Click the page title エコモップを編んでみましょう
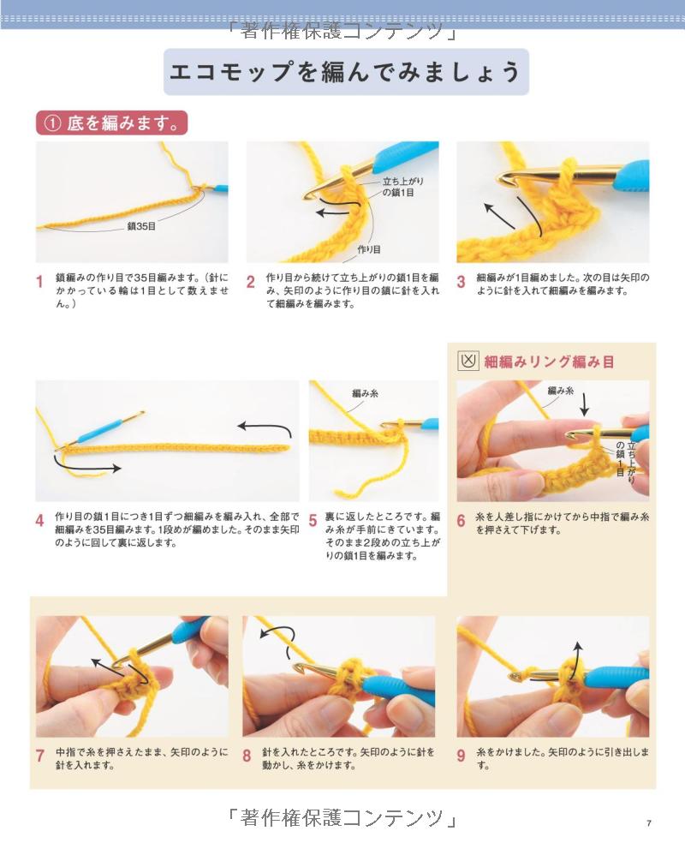tap(346, 71)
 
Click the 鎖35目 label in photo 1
tap(141, 226)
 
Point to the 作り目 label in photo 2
tap(369, 249)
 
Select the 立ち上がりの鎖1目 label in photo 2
tap(402, 187)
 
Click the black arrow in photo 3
tap(500, 216)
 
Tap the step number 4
tap(39, 521)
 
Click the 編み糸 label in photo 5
tap(366, 393)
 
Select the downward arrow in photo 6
tap(584, 404)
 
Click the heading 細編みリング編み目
tap(549, 362)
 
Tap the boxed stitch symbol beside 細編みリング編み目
tap(468, 362)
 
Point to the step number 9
tap(461, 756)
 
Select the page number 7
tap(649, 823)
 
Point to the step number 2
tap(251, 282)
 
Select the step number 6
tap(461, 521)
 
